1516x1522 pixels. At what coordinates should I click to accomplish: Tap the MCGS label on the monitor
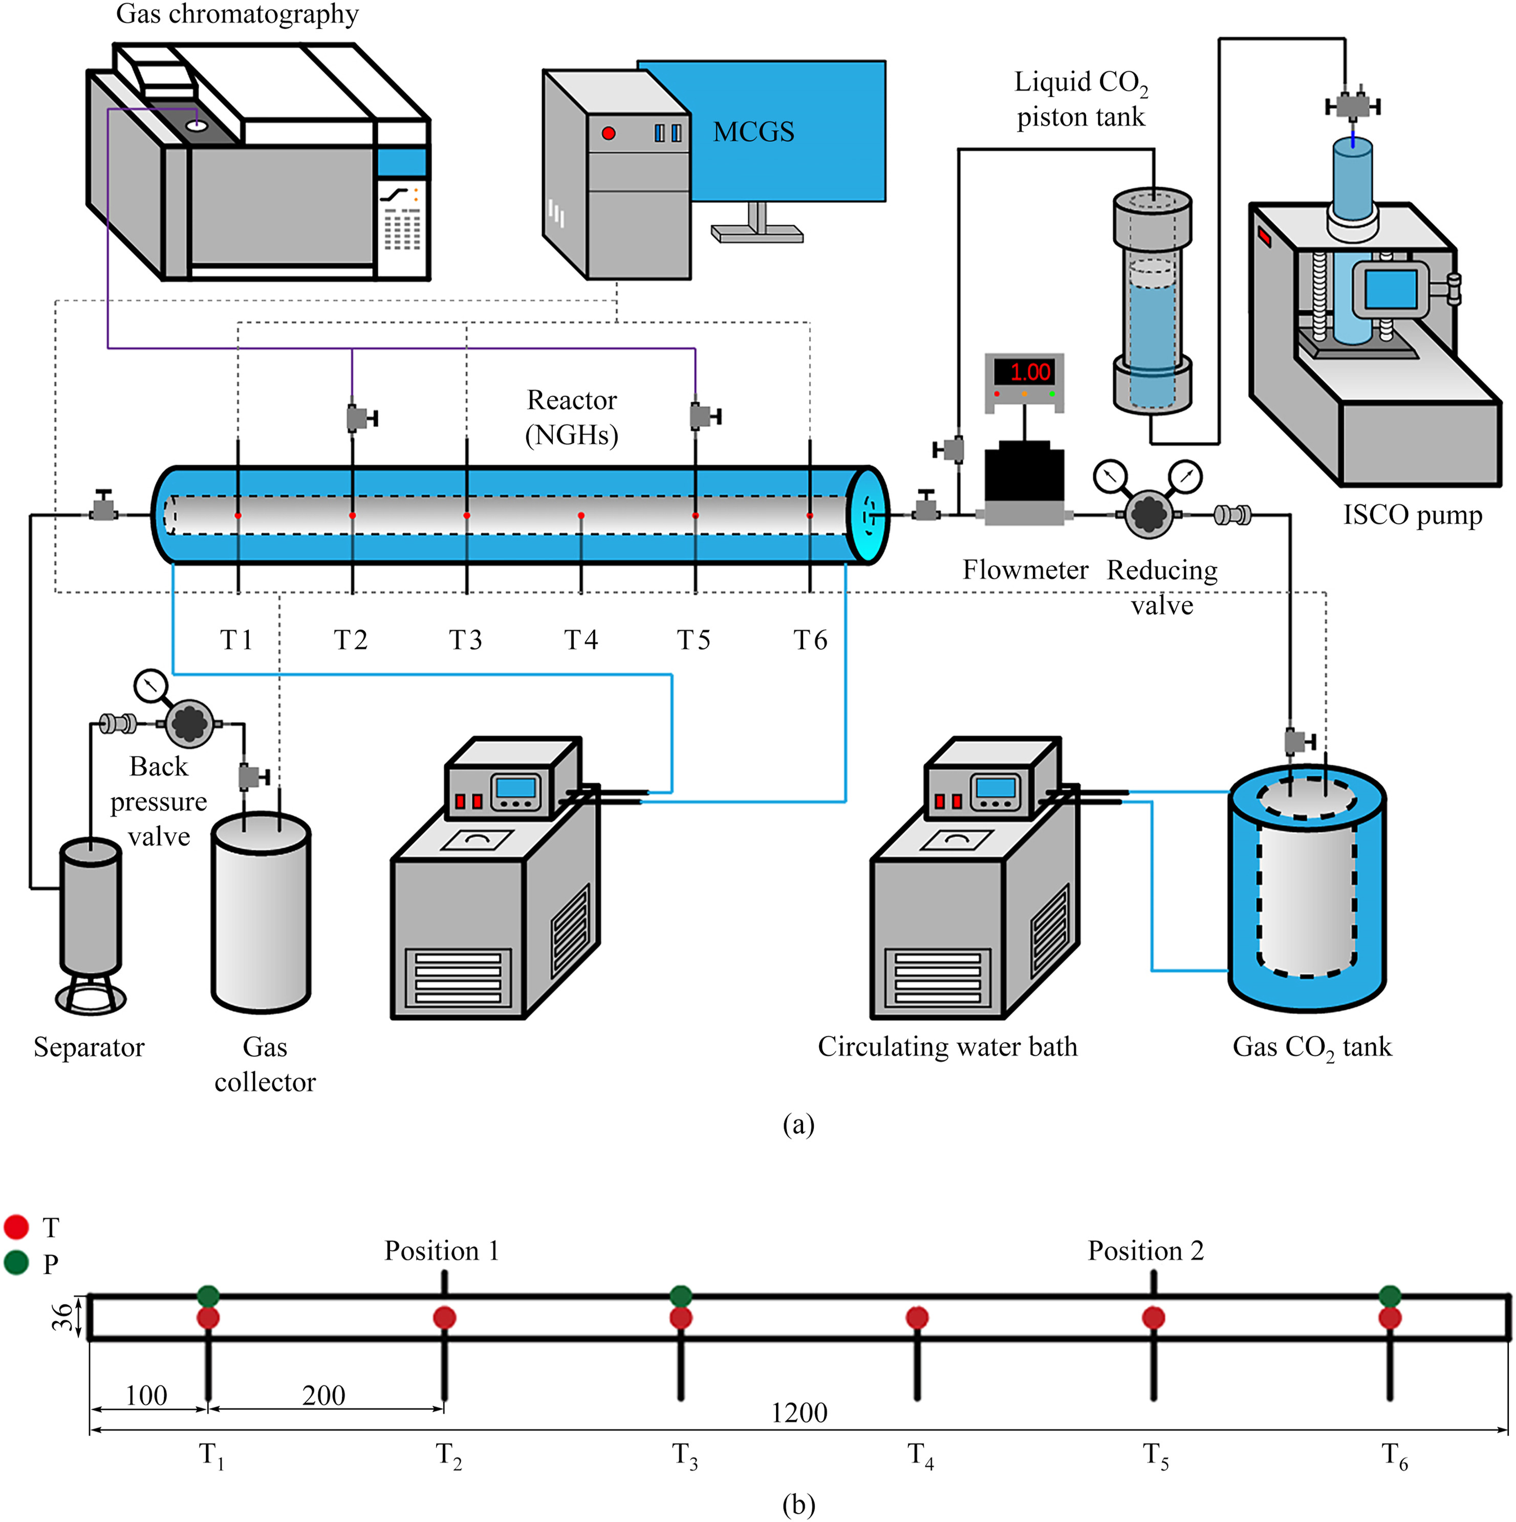tap(753, 132)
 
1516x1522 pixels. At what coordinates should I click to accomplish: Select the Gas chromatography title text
tap(237, 14)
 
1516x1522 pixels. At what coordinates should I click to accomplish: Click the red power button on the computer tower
tap(608, 133)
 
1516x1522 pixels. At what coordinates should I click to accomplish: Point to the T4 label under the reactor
tap(581, 640)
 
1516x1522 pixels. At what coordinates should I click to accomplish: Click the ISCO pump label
tap(1412, 515)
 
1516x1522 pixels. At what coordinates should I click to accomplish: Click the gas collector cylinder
tap(261, 914)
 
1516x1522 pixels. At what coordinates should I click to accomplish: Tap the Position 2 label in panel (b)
tap(1145, 1251)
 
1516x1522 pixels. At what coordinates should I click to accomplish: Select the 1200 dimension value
tap(799, 1412)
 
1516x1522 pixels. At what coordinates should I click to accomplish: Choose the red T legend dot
tap(16, 1227)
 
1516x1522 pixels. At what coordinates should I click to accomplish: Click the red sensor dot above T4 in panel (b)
tap(917, 1317)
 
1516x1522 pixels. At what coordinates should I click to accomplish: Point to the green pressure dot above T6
tap(1390, 1296)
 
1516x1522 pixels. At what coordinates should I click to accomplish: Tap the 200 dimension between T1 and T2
tap(324, 1395)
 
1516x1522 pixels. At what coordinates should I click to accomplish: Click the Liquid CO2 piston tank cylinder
tap(1152, 299)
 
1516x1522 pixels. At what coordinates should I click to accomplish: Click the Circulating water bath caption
tap(947, 1047)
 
